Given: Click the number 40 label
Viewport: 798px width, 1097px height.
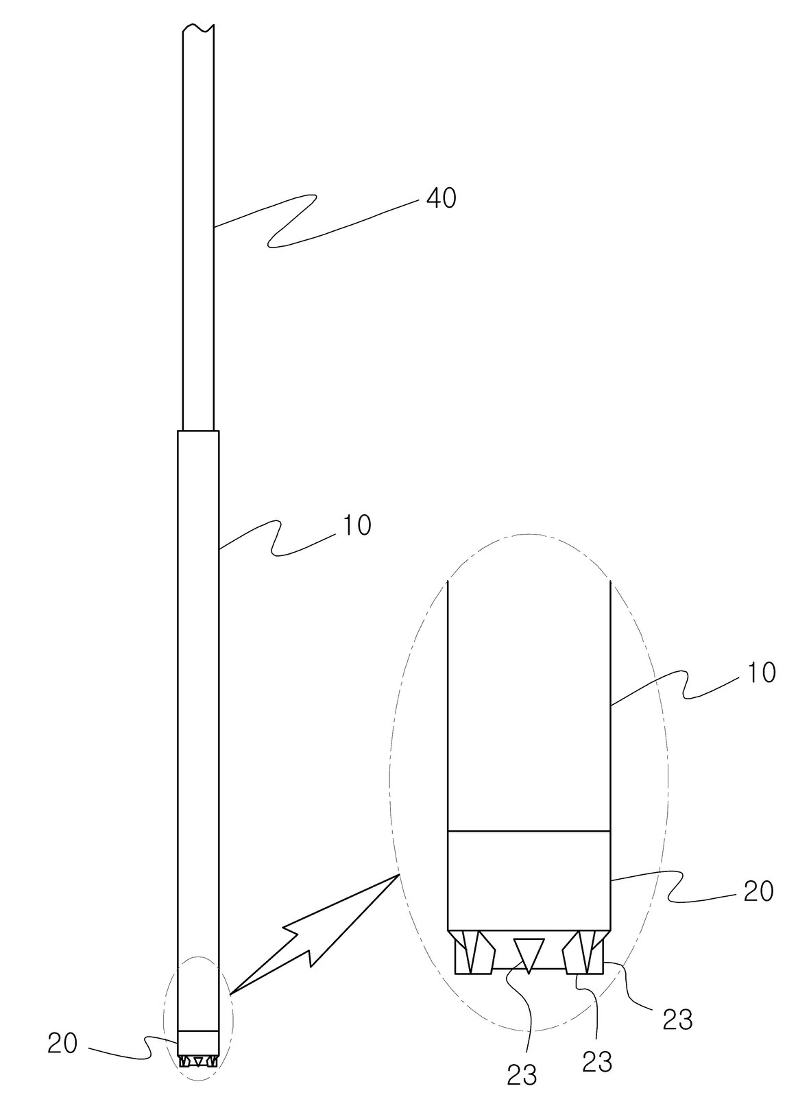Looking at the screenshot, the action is click(x=441, y=198).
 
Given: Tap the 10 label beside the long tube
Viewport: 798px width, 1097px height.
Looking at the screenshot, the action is click(x=357, y=525).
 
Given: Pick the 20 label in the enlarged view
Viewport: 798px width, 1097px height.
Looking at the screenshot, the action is click(x=758, y=891).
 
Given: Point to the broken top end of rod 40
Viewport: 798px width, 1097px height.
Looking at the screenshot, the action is click(x=198, y=28).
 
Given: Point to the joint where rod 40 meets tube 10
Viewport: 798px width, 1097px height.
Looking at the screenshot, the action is click(x=198, y=431).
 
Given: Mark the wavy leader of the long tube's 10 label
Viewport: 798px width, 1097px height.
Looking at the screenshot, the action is click(x=276, y=539).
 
